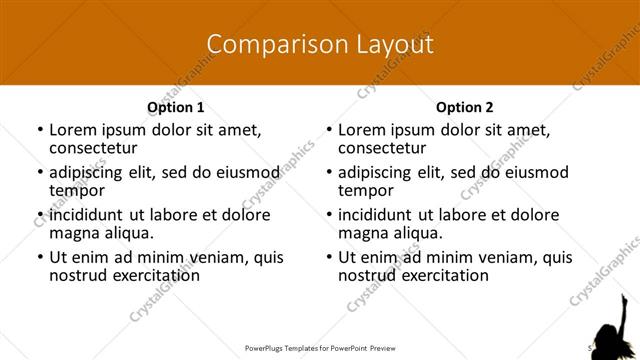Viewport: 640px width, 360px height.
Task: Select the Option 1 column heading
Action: coord(175,107)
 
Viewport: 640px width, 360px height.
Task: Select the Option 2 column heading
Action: coord(464,107)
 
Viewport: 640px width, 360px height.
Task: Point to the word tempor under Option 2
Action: coord(365,190)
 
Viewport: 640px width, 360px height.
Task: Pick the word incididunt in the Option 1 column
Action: coord(91,214)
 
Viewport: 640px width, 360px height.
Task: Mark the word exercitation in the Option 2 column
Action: coord(443,276)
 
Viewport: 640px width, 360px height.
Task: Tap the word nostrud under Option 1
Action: coord(77,276)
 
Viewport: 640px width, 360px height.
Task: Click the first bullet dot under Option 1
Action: coord(39,130)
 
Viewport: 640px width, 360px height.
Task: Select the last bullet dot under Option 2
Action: coord(329,258)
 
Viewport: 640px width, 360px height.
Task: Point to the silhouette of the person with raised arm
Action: coord(612,326)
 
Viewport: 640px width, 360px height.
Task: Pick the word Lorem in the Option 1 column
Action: coord(74,129)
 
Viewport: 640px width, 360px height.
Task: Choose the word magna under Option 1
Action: coord(76,233)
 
